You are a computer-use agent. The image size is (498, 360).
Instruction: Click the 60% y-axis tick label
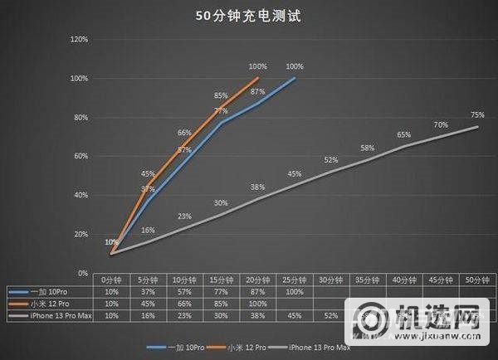click(81, 156)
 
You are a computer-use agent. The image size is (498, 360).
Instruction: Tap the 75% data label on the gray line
click(476, 115)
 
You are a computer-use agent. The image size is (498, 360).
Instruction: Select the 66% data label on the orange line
click(184, 133)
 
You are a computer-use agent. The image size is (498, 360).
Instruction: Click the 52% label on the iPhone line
click(330, 160)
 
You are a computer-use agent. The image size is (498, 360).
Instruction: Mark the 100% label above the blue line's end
click(294, 67)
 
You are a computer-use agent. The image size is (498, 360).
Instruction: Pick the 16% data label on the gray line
click(148, 230)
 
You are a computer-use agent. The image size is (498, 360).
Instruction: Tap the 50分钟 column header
click(476, 280)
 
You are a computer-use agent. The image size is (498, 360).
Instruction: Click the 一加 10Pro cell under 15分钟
click(221, 292)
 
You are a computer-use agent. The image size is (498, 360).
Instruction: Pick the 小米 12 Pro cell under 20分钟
click(257, 304)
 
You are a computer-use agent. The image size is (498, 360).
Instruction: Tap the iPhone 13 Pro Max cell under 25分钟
click(294, 315)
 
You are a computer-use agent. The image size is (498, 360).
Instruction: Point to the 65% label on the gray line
click(403, 134)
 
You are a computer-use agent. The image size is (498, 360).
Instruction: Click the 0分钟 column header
click(111, 280)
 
